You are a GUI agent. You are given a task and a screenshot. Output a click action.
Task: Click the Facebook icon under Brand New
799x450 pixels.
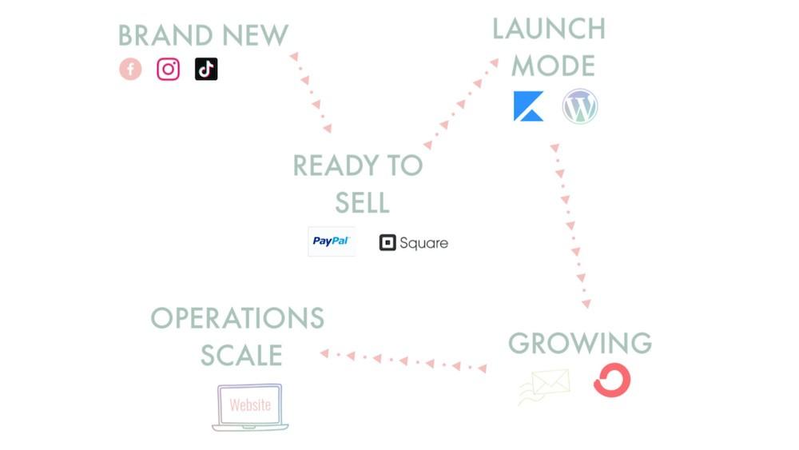130,70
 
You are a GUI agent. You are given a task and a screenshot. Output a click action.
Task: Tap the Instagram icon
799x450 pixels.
168,70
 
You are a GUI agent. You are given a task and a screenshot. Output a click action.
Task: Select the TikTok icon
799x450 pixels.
206,70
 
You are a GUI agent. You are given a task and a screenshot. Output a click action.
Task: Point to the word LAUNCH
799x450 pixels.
548,29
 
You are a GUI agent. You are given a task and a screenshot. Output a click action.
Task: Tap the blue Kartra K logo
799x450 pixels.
528,106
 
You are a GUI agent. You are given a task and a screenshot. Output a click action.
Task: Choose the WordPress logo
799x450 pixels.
580,106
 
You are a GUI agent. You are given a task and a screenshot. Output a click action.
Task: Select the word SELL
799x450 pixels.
362,203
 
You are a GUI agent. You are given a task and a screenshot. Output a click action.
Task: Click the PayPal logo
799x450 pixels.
332,241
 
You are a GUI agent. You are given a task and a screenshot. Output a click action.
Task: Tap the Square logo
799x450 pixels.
413,243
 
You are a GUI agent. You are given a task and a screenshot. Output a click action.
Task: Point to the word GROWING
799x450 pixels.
580,343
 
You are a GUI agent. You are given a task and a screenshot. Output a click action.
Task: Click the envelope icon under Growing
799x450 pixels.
545,385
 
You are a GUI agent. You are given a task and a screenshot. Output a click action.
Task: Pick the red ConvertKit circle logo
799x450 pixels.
612,380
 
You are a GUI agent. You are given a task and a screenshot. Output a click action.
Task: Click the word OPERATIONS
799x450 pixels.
237,318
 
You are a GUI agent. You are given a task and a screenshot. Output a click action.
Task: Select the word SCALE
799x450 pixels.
240,355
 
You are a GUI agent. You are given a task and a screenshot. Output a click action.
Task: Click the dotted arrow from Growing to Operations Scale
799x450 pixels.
403,360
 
